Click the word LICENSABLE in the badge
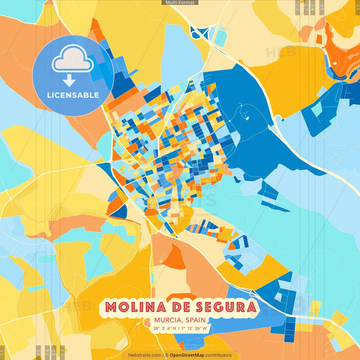pyautogui.click(x=74, y=95)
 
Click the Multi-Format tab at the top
pyautogui.click(x=180, y=3)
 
